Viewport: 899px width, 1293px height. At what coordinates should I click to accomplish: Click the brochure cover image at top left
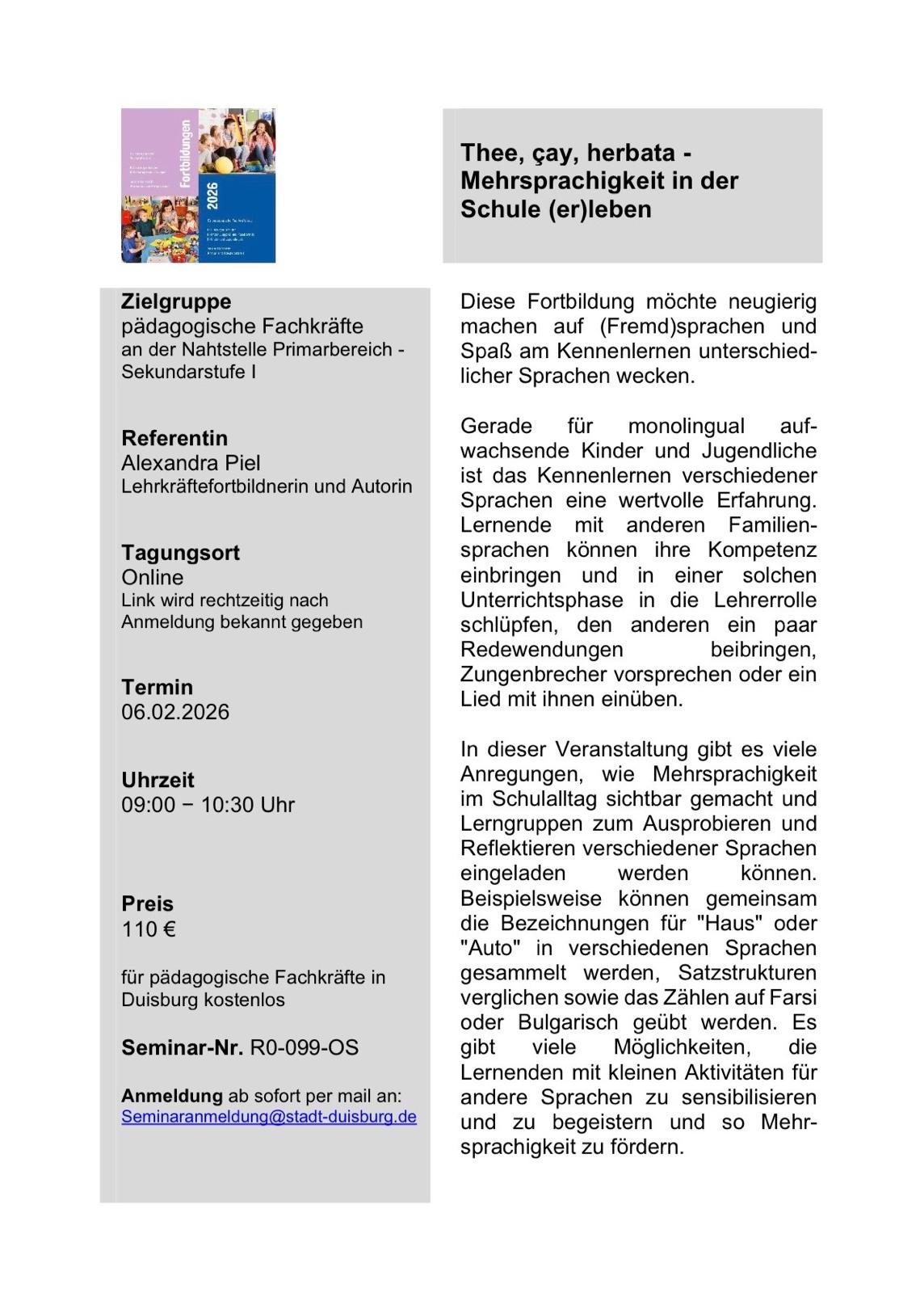(198, 185)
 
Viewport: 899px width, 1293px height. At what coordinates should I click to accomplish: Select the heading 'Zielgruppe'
(176, 301)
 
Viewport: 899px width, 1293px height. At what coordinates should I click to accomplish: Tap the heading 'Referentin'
(174, 438)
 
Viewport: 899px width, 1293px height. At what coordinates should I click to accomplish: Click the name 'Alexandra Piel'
(191, 463)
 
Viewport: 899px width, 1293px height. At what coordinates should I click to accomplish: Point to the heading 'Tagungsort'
(180, 553)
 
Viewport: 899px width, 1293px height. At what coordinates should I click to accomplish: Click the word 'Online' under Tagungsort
(153, 578)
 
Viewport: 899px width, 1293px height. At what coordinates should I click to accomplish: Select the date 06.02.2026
(175, 712)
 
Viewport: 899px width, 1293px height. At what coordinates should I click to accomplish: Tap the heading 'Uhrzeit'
(158, 780)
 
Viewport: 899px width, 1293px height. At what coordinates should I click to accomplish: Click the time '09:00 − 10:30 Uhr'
(208, 805)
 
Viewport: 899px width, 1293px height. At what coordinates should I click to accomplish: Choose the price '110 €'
(149, 929)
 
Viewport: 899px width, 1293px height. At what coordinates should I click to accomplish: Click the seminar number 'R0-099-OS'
(304, 1047)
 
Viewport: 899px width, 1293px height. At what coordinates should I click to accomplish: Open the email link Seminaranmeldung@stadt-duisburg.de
(269, 1117)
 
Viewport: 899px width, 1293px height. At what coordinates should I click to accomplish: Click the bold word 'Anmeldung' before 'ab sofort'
(171, 1096)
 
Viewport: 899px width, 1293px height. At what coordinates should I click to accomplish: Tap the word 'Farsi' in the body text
(792, 997)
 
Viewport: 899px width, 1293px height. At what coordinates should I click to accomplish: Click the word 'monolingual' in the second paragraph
(686, 426)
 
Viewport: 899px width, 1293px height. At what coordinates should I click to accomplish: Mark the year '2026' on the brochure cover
(212, 197)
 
